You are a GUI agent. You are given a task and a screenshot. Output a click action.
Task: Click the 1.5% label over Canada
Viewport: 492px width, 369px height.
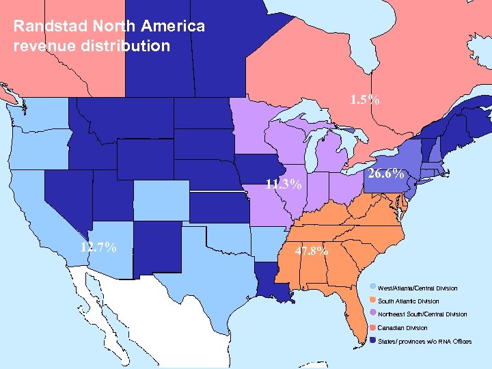tap(364, 100)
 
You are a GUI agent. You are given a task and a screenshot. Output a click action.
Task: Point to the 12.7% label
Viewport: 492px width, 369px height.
tap(98, 247)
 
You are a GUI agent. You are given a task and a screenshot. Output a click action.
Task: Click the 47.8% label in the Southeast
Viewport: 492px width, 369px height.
tap(311, 250)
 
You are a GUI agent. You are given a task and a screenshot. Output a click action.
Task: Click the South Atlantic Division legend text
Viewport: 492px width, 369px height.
tap(409, 301)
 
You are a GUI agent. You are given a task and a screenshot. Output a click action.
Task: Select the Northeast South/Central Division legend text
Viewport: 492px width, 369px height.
tap(422, 314)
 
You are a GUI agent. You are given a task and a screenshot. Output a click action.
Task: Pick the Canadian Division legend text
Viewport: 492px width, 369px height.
tap(402, 328)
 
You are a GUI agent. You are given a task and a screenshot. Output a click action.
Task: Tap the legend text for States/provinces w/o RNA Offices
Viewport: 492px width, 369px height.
tap(424, 341)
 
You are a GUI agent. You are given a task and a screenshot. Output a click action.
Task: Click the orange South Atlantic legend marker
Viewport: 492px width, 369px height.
tap(372, 301)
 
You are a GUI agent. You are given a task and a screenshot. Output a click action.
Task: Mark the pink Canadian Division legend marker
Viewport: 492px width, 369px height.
tap(372, 327)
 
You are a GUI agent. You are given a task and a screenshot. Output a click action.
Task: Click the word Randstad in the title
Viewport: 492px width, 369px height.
tap(42, 27)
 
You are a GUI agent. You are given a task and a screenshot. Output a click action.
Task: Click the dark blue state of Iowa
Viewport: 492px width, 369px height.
tap(258, 172)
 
